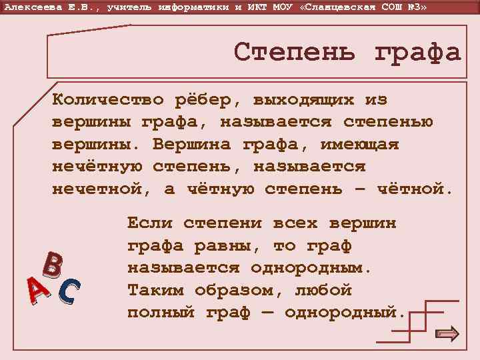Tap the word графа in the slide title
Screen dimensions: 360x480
coord(417,52)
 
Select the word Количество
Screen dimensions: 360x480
coord(108,100)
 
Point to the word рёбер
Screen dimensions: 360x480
coord(207,100)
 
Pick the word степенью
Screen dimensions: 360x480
coord(388,123)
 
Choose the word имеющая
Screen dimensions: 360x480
coord(359,145)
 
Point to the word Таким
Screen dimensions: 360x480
coord(155,291)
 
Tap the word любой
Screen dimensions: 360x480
coord(323,291)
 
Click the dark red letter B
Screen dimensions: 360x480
coord(53,265)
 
